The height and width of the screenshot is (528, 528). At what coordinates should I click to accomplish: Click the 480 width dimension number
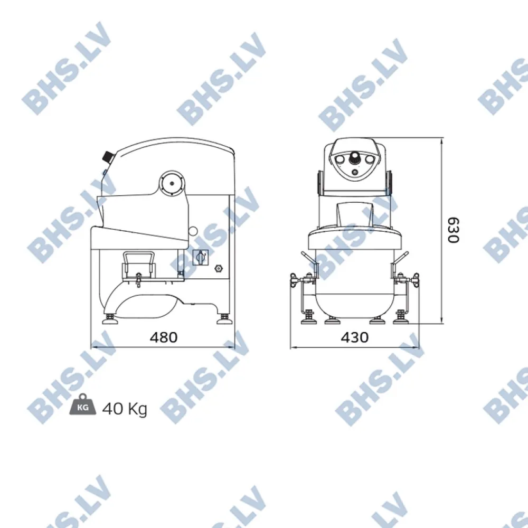click(163, 337)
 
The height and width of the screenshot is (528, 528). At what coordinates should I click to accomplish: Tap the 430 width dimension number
click(354, 337)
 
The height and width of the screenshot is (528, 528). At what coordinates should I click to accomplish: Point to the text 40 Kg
click(125, 408)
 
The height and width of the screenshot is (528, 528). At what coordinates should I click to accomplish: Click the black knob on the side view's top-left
click(108, 156)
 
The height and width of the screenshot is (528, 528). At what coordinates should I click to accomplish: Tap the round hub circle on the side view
click(172, 184)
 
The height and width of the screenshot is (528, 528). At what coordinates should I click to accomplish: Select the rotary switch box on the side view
click(200, 258)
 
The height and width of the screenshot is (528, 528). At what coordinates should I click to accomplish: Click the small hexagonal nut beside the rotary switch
click(218, 268)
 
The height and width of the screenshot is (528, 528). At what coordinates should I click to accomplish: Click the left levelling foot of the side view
click(112, 319)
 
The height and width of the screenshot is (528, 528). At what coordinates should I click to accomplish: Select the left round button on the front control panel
click(341, 159)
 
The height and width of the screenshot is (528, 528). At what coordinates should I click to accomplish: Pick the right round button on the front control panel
click(369, 159)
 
